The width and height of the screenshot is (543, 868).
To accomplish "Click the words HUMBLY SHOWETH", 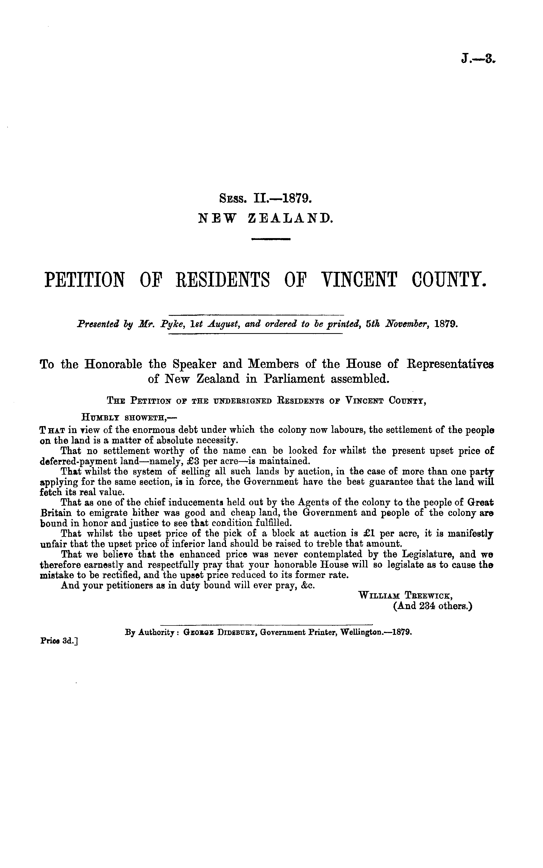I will pyautogui.click(x=129, y=418).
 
